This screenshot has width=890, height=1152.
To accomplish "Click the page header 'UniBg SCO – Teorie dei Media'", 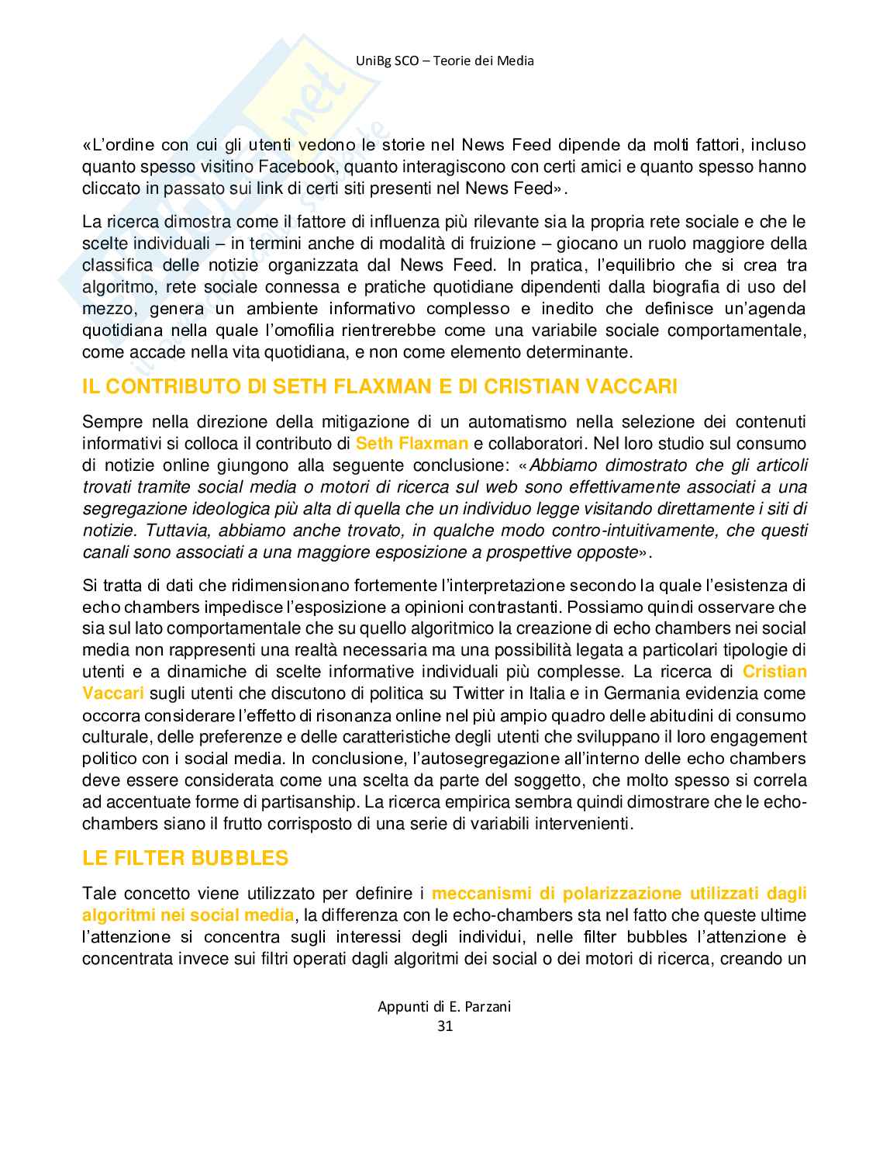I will tap(444, 61).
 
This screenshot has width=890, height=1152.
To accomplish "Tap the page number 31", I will tap(445, 1026).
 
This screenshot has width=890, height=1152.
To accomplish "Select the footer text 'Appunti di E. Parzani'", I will tap(444, 1006).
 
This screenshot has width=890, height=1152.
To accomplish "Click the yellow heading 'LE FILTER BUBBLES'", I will tap(185, 858).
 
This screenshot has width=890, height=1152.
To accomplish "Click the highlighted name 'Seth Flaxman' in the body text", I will tap(412, 444).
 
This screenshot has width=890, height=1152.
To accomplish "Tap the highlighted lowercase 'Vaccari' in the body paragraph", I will tap(113, 694).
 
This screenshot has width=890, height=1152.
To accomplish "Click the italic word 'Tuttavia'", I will tap(174, 531).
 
